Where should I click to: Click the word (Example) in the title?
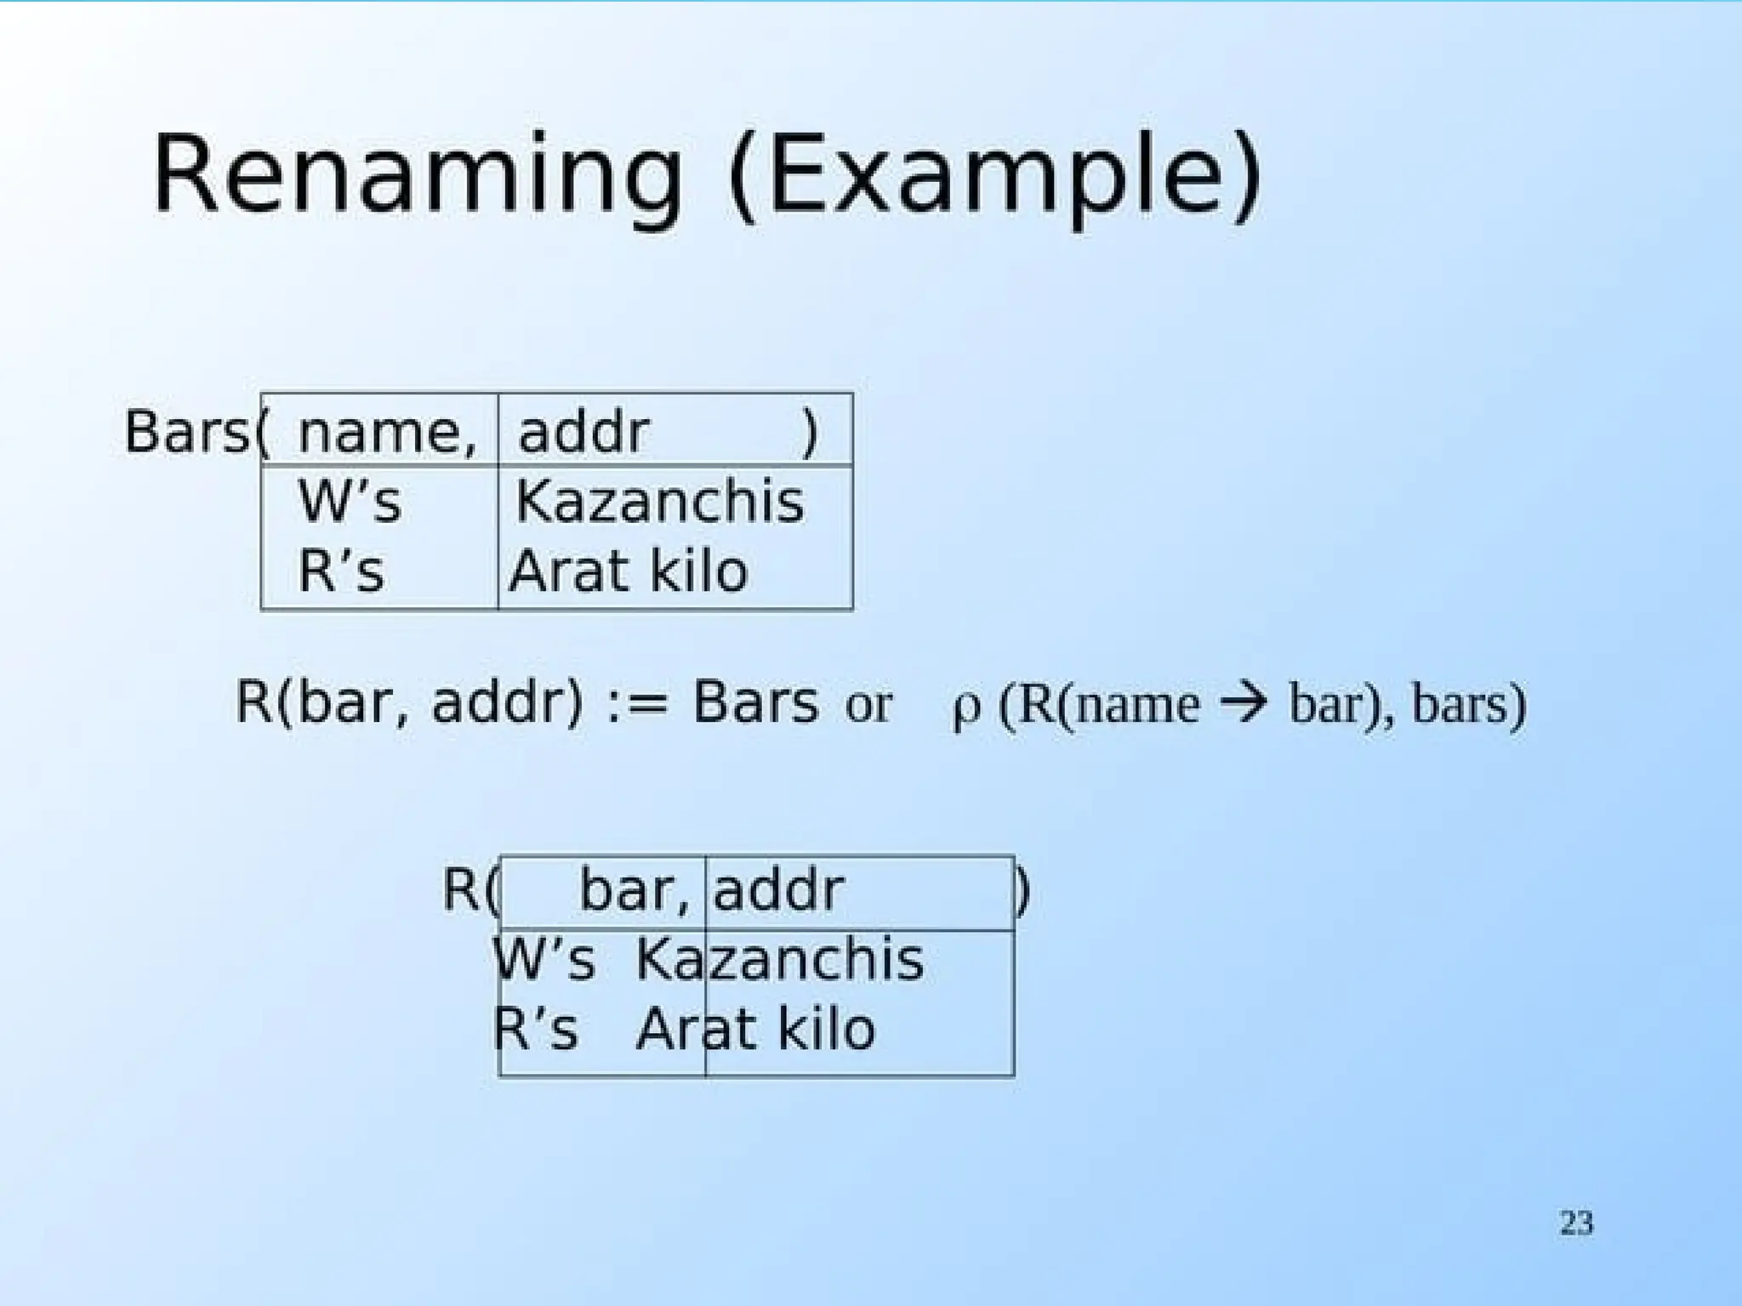995,179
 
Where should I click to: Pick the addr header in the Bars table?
584,432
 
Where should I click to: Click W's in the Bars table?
350,502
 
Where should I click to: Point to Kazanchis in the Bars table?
660,502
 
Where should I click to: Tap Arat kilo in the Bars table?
629,571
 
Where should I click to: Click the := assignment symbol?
638,705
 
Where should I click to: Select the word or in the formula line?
868,706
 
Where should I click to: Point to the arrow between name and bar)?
1243,704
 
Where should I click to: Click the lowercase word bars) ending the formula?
1469,706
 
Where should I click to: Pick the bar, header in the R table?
634,891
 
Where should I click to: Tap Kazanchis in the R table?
779,960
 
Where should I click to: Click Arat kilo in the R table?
755,1030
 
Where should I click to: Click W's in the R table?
544,960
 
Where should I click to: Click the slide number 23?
1576,1223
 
